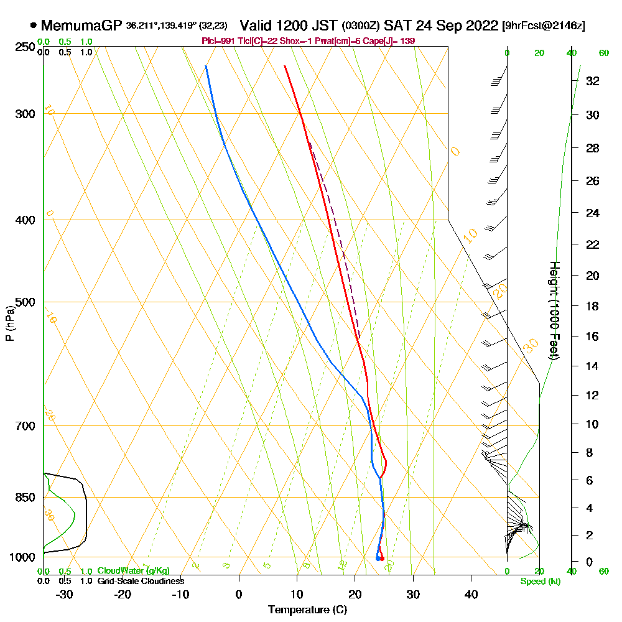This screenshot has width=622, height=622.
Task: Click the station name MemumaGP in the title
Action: tap(82, 26)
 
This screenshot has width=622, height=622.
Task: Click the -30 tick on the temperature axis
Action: tap(64, 594)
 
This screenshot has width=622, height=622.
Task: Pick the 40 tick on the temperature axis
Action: tap(471, 594)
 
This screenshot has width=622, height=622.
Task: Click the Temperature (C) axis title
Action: tap(307, 610)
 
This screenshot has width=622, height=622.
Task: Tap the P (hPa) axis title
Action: tap(9, 323)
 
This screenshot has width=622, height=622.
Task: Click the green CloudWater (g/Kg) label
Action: tap(133, 571)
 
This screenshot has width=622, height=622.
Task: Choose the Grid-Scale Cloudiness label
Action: tap(140, 581)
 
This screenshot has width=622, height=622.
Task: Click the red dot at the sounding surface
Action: tap(381, 559)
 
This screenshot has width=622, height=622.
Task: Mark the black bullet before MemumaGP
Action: tap(33, 26)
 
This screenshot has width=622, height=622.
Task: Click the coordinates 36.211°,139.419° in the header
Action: tap(160, 26)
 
